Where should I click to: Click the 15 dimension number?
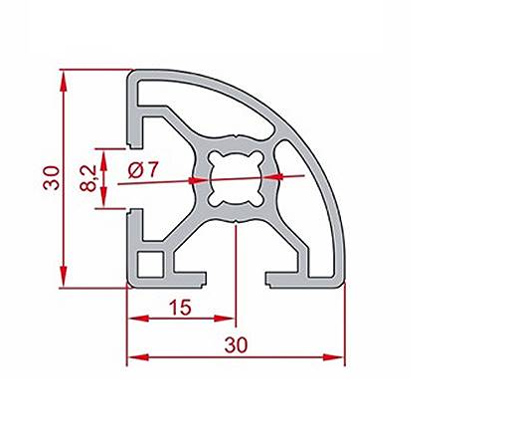point(180,309)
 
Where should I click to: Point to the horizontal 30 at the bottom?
point(236,343)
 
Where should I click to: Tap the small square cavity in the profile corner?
point(151,265)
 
